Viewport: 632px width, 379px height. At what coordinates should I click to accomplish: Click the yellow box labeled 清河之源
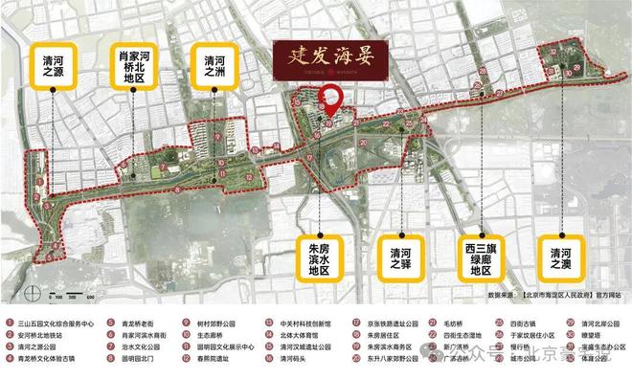[x=48, y=64]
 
